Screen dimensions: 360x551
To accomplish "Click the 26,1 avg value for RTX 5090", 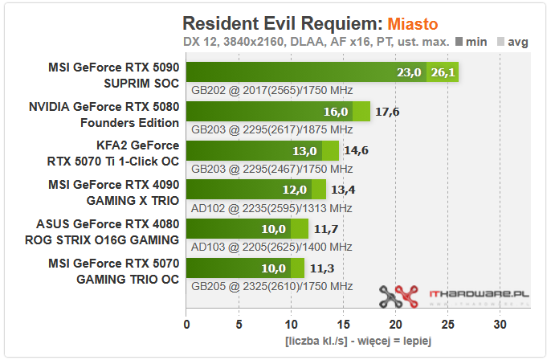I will [x=443, y=73].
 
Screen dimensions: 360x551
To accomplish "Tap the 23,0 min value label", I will [x=409, y=73].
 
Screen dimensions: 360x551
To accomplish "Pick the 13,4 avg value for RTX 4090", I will [x=343, y=189].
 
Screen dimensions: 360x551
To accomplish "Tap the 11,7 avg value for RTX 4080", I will [x=325, y=228].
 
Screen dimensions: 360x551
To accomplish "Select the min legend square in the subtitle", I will [x=459, y=42].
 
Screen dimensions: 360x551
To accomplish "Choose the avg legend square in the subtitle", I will [x=500, y=42].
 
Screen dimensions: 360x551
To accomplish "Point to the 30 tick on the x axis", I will [x=500, y=325].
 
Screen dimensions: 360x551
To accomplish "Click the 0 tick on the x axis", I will [x=187, y=325].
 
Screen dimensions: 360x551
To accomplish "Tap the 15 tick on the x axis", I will [x=343, y=325].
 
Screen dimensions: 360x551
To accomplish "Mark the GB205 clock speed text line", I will [x=271, y=285].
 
